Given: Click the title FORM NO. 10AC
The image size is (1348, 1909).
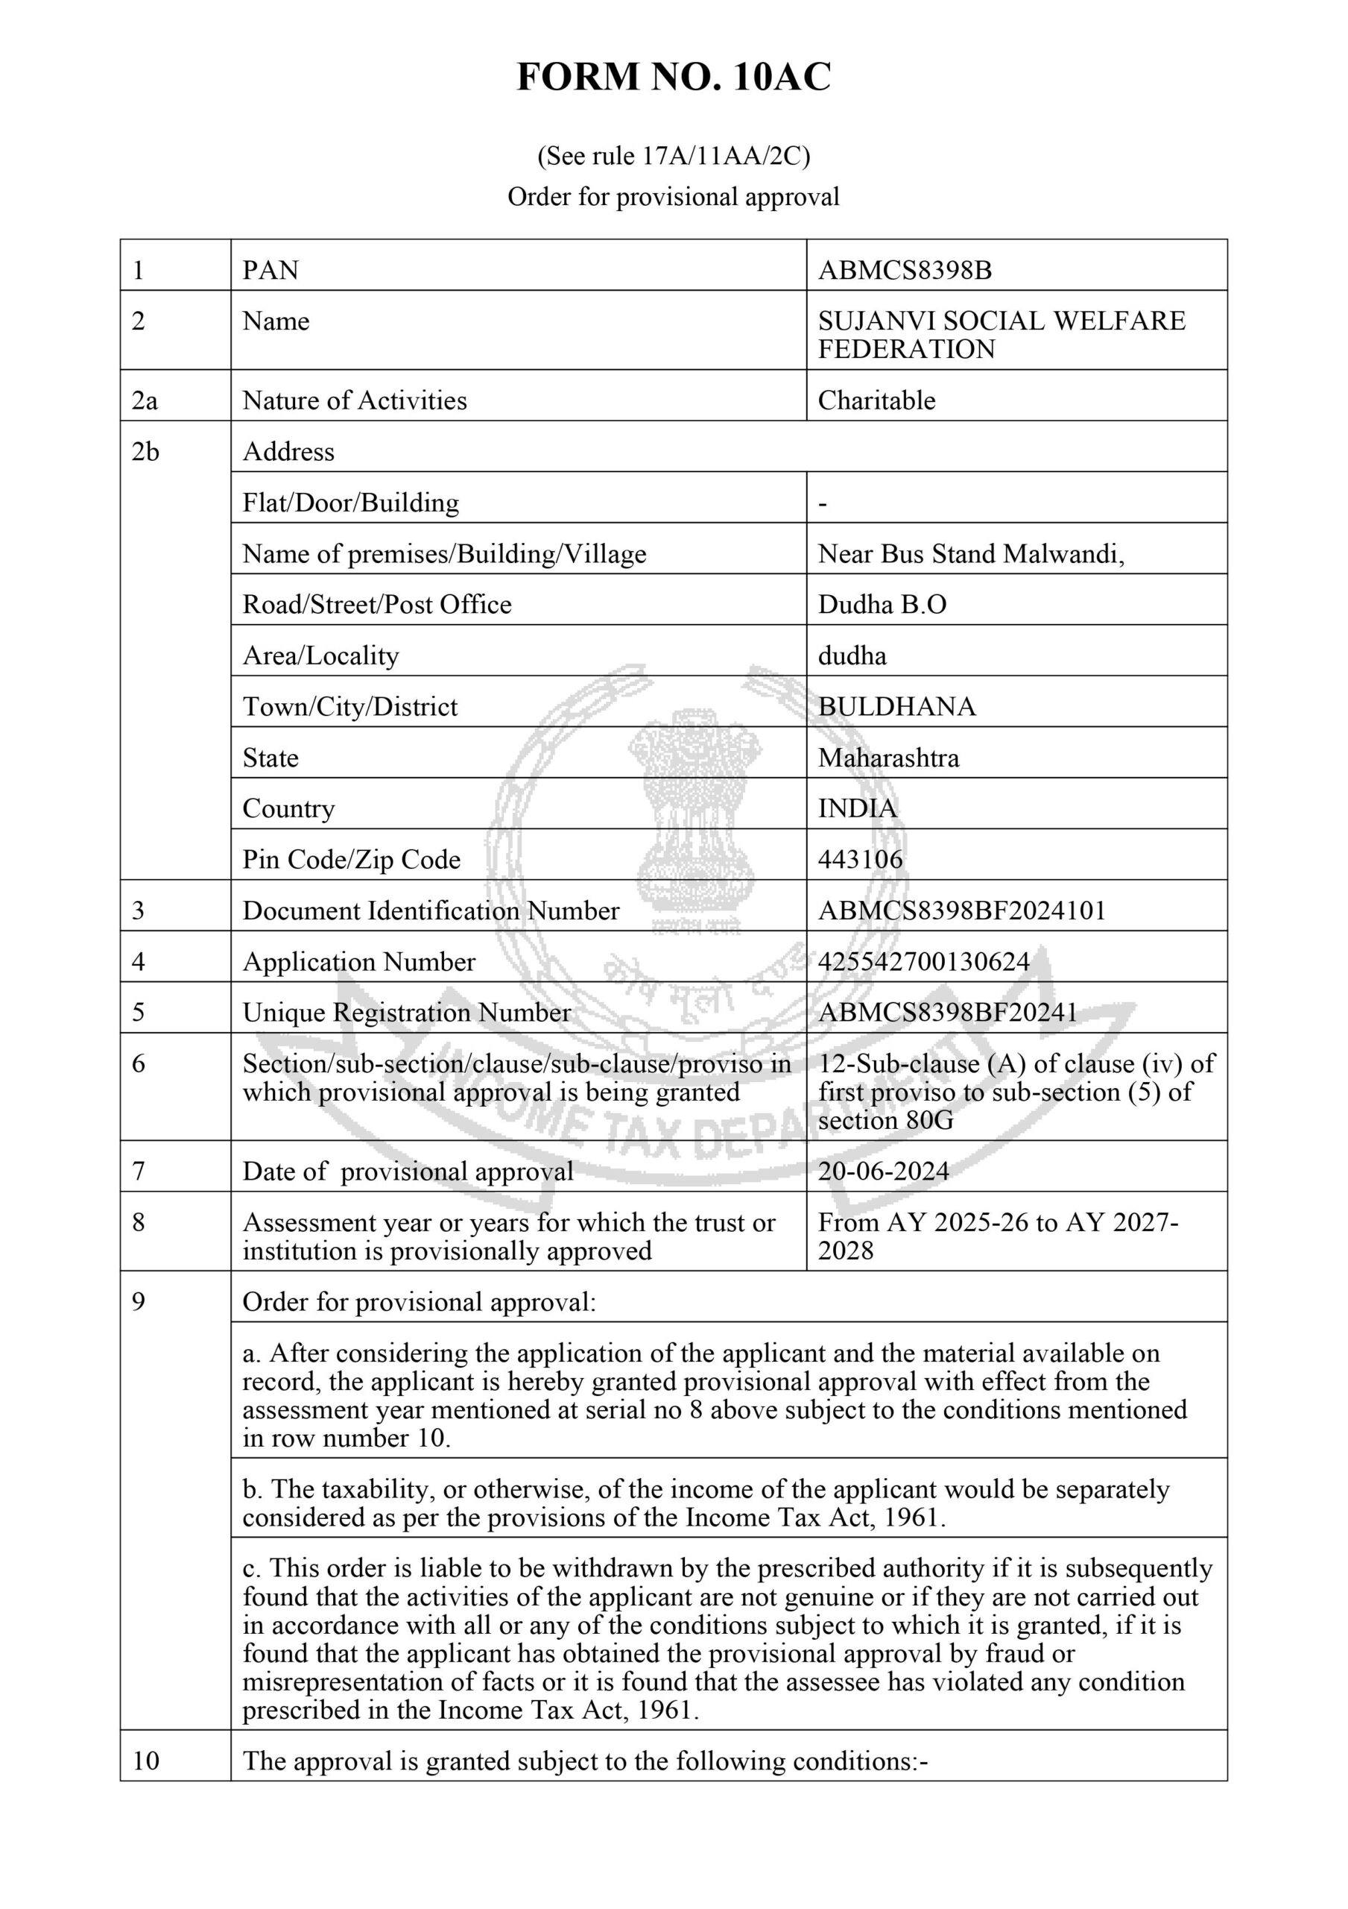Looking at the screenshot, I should (673, 78).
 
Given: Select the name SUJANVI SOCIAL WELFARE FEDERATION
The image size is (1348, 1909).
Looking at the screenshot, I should (1001, 334).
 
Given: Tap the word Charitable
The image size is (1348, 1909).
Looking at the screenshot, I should (876, 400).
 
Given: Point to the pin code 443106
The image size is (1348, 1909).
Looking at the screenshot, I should (859, 859).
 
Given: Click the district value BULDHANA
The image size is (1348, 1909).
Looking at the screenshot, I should (896, 706).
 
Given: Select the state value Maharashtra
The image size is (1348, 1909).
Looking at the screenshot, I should (887, 758).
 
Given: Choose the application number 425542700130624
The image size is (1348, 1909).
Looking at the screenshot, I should (923, 961).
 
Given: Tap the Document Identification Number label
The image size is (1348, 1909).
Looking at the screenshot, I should (431, 911).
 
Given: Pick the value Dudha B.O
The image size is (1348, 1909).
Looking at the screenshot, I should (882, 605).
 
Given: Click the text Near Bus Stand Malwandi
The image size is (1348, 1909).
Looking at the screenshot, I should (970, 554).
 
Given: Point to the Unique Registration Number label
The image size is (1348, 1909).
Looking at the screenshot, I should (406, 1012).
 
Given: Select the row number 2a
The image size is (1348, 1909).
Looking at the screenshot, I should (144, 400).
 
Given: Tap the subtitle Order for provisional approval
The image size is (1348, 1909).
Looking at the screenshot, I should (673, 197).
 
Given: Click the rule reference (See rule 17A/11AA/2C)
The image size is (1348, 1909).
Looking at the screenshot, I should (673, 156).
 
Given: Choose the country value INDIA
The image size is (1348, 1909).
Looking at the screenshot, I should (857, 808).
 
